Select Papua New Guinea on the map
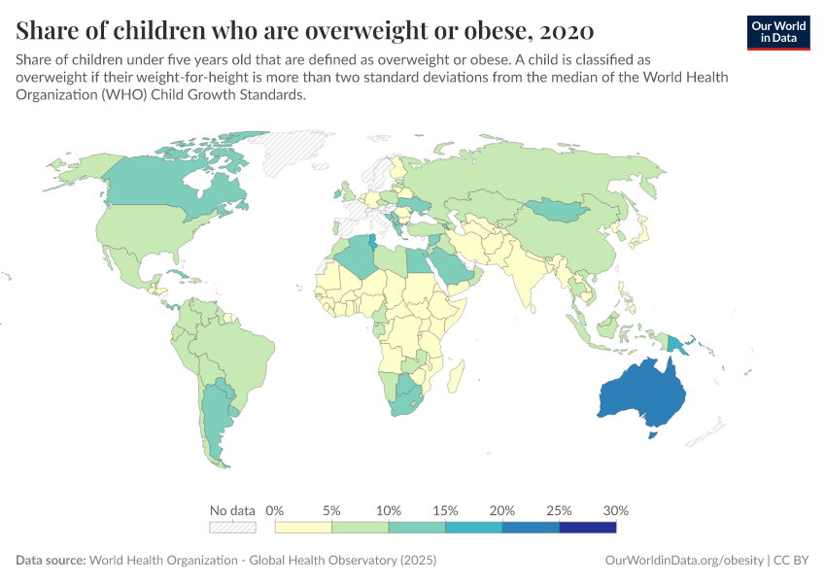[676, 341]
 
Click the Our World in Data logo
[778, 32]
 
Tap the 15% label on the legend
[445, 510]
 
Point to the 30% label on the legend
[616, 510]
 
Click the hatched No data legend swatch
[232, 528]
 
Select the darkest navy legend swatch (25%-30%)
[588, 528]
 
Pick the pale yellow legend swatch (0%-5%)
[303, 528]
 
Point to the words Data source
[50, 561]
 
